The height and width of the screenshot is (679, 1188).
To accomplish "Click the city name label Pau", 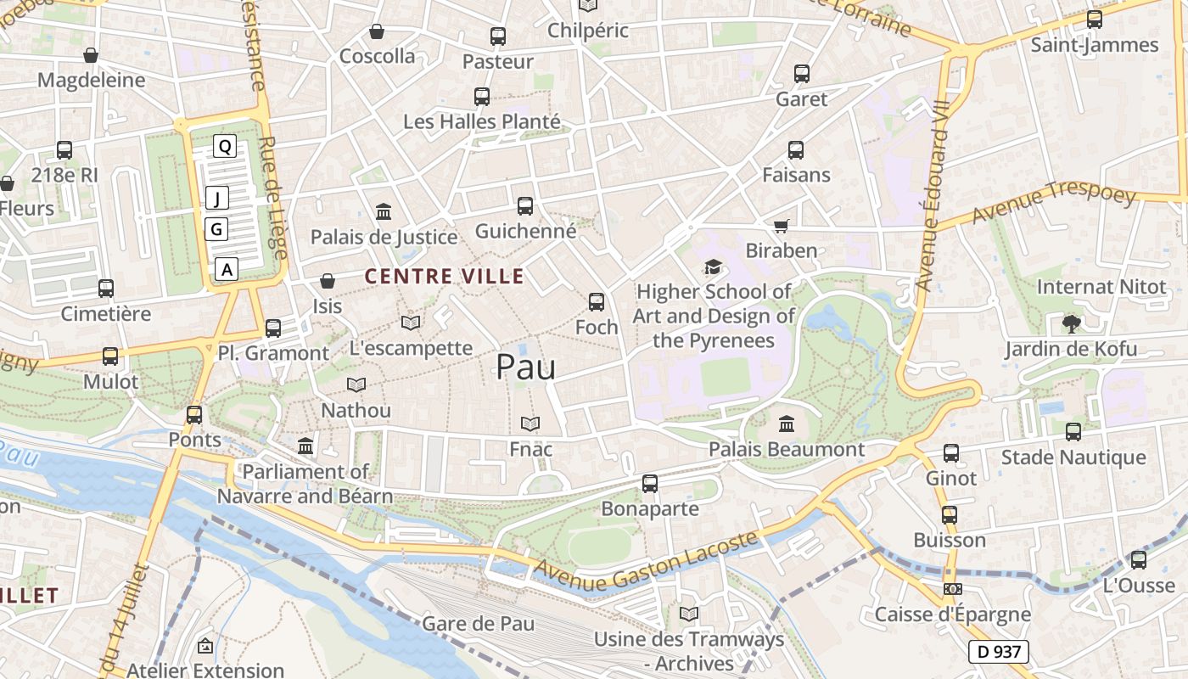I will click(525, 367).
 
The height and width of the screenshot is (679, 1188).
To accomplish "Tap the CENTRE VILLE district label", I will click(444, 276).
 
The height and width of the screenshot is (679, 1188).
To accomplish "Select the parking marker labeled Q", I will click(225, 146).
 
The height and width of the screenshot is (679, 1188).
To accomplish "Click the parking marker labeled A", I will click(226, 270).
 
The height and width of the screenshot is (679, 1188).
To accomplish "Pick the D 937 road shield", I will click(998, 652).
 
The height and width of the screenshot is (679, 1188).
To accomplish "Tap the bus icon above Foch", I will click(597, 301).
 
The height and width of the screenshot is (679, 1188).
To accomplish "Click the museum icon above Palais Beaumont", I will click(787, 424).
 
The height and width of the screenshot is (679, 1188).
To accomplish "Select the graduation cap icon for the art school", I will click(712, 267).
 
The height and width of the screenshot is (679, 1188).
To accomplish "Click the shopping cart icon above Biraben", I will click(781, 226).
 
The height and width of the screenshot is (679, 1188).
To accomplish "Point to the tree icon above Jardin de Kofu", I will click(1071, 323).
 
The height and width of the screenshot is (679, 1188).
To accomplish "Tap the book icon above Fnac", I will click(530, 424).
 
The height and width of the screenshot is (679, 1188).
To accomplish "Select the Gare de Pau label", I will click(478, 623).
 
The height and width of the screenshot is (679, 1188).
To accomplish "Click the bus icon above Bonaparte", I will click(650, 484).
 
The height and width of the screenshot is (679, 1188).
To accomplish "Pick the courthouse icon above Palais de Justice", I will click(384, 211).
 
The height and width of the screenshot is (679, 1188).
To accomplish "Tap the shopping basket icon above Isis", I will click(328, 281).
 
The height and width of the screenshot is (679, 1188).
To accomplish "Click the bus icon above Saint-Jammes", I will click(1095, 20).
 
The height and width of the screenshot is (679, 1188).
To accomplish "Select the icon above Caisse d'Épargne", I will click(952, 589).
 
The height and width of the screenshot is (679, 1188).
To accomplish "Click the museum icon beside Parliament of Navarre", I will click(305, 446).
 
